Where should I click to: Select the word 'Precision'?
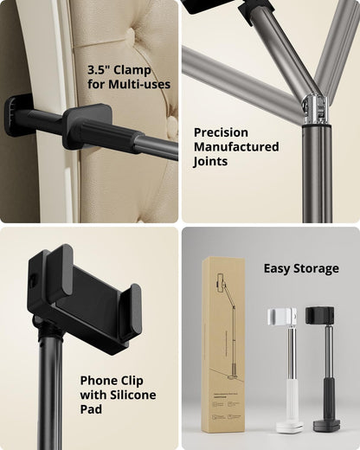click(x=221, y=132)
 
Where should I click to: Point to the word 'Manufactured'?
click(x=236, y=147)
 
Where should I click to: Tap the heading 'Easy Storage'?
click(x=301, y=268)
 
